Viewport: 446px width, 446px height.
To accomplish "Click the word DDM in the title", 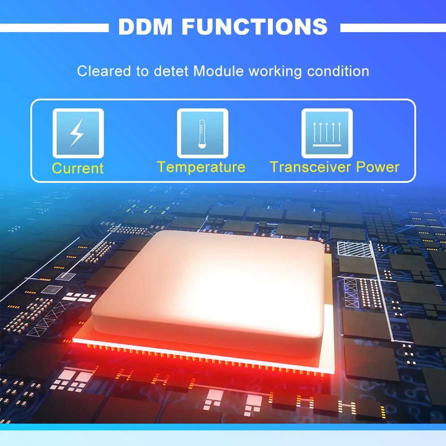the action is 145,27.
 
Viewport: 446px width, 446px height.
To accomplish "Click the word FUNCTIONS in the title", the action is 255,27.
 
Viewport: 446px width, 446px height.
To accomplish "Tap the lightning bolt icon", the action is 78,133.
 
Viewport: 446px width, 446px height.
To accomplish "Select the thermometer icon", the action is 202,133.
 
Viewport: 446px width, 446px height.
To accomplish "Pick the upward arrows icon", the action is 327,133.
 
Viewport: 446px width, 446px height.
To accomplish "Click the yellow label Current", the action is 78,168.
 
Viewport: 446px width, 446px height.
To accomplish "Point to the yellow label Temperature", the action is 201,167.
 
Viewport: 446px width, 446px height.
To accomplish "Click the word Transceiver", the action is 311,167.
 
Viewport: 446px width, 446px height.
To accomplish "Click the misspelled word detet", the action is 169,71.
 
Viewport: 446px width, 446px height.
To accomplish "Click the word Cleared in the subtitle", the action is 104,71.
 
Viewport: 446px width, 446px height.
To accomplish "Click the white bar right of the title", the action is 393,28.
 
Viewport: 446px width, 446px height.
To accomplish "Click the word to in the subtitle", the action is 142,71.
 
